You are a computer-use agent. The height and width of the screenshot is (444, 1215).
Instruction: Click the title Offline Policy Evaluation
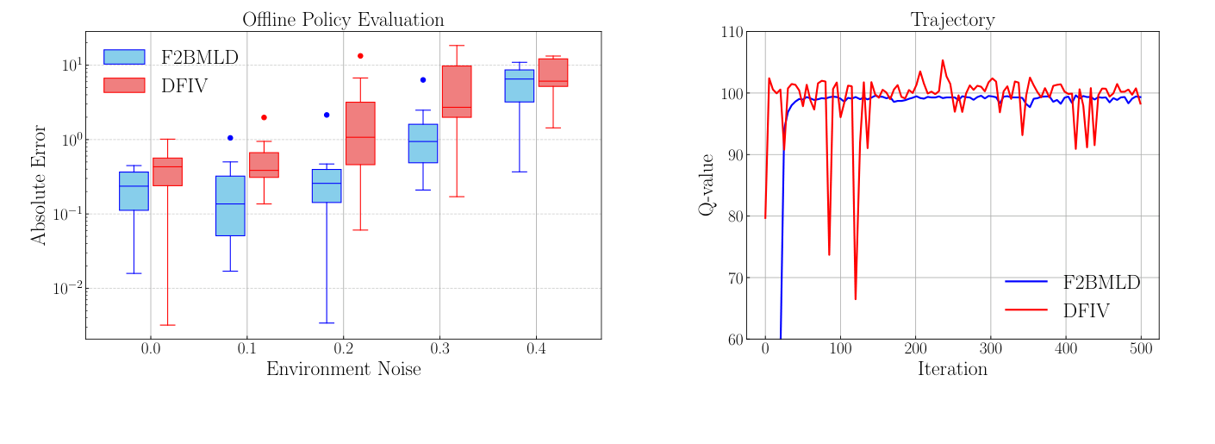click(x=343, y=19)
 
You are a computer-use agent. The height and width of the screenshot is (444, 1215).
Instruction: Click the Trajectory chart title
click(x=952, y=19)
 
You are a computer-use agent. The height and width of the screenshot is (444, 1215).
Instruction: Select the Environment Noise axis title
click(x=343, y=370)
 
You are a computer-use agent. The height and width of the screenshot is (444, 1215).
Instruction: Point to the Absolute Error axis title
click(x=40, y=184)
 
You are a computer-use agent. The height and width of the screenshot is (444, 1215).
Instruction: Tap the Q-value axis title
click(x=707, y=184)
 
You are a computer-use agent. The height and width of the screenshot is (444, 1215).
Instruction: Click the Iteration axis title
click(x=952, y=370)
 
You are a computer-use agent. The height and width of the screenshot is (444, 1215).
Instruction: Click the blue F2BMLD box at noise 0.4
click(x=520, y=85)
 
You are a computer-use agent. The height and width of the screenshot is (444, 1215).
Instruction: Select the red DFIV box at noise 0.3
click(x=456, y=91)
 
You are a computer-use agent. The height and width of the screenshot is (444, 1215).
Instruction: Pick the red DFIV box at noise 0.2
click(x=360, y=133)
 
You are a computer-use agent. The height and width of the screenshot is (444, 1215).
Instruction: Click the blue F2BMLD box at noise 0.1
click(x=230, y=205)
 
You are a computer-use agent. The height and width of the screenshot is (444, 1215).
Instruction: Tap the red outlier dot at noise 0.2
click(x=360, y=56)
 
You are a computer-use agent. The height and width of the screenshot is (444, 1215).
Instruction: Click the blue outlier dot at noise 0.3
click(x=423, y=79)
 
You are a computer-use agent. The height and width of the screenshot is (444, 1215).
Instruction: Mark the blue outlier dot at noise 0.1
click(x=230, y=137)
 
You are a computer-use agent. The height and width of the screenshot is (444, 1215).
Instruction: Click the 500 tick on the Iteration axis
click(x=1140, y=349)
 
